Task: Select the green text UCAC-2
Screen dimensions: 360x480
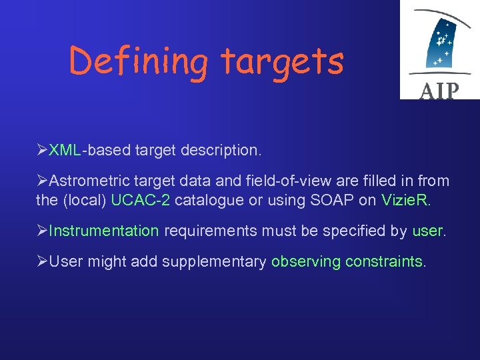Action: (x=141, y=199)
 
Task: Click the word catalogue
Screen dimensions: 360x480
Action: (x=211, y=199)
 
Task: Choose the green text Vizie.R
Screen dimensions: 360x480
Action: (x=405, y=199)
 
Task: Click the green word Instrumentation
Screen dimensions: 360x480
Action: (x=104, y=231)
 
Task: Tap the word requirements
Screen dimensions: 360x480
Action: (x=211, y=231)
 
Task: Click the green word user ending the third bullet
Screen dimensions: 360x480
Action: (x=427, y=231)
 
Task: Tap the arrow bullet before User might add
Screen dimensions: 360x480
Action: (x=42, y=261)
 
